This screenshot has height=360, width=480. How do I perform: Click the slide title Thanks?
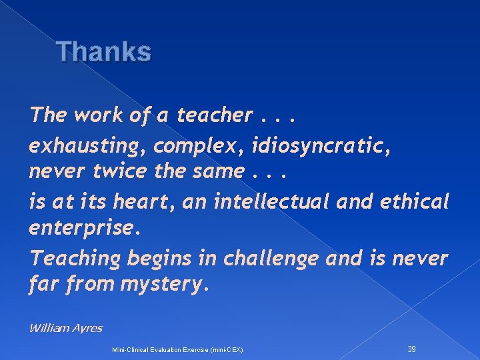[104, 51]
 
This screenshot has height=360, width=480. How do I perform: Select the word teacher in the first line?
[214, 115]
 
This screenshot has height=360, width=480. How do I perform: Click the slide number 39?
[411, 349]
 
